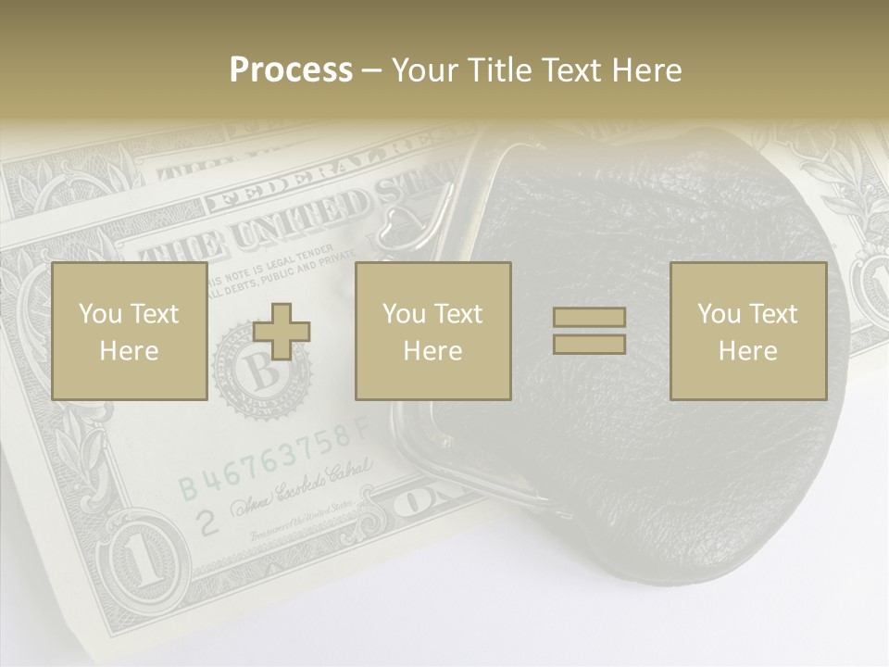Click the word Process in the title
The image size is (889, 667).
[291, 69]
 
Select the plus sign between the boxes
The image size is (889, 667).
[282, 332]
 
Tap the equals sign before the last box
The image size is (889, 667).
[589, 331]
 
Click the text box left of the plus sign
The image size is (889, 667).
[130, 332]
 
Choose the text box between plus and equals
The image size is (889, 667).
[432, 332]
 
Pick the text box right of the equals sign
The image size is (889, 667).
[748, 332]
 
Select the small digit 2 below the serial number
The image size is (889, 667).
[210, 522]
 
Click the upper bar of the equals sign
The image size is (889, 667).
[589, 318]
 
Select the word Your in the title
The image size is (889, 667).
[424, 69]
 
